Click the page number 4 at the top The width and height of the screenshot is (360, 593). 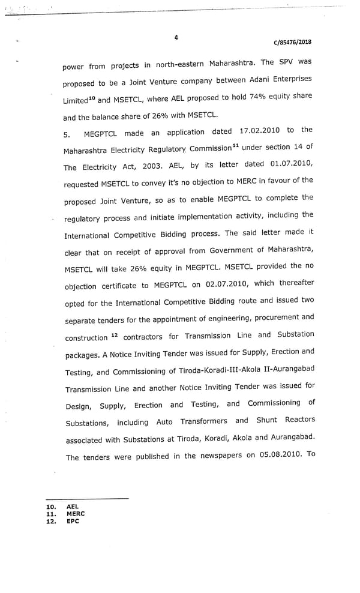coord(176,37)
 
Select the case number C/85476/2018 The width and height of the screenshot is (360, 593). coord(292,42)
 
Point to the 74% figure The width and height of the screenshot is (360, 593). coord(242,97)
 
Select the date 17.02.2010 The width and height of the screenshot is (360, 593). coord(260,131)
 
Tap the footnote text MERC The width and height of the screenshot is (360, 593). coord(76,514)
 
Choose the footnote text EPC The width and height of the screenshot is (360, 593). coord(73,521)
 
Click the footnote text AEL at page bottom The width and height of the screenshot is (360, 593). coord(73,507)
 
